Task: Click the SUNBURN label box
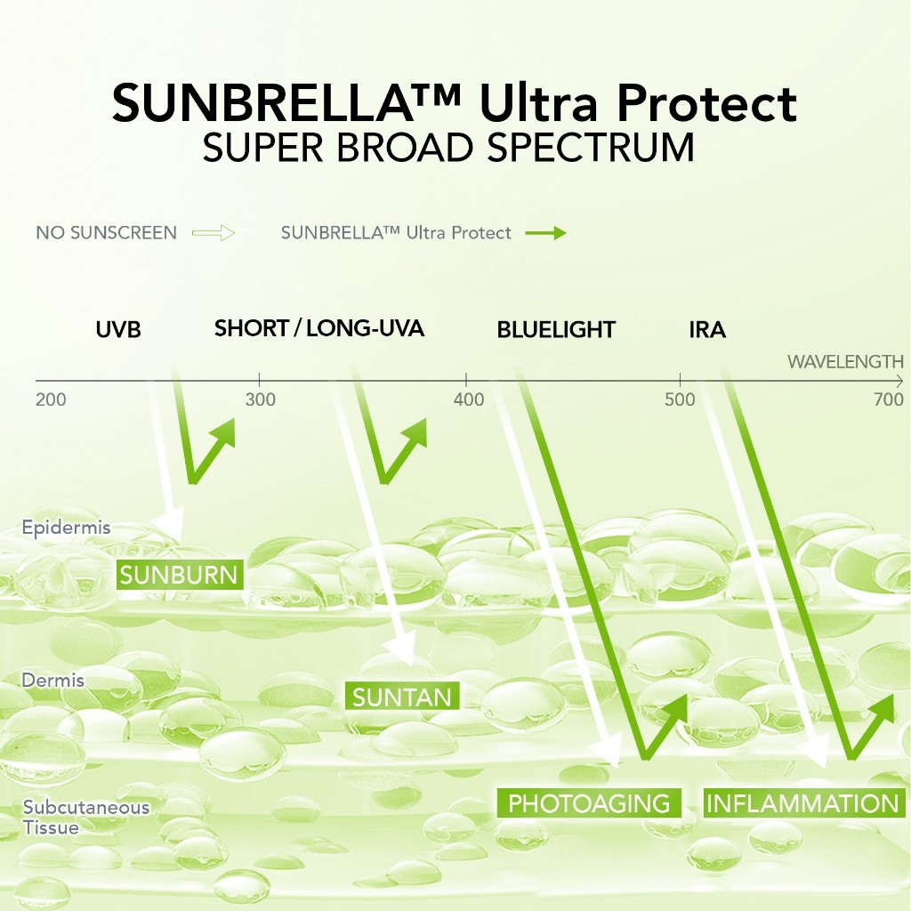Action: coord(180,575)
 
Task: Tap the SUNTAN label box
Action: coord(402,696)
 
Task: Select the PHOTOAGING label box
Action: coord(589,803)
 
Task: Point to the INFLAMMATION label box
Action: coord(804,803)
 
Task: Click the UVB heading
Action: coord(118,330)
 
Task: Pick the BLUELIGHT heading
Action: coord(556,330)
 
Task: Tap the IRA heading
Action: coord(707,330)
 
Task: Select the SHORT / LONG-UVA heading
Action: coord(319,328)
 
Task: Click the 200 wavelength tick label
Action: coord(51,399)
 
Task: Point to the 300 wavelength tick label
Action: coord(261,399)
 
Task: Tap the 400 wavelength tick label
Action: coord(469,399)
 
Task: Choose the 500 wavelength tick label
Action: coord(680,399)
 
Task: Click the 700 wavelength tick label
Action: coord(889,399)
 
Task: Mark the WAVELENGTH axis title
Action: coord(845,362)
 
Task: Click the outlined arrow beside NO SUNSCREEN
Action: coord(214,233)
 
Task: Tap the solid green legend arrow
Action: coord(545,233)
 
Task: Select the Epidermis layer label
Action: coord(66,528)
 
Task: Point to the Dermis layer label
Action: coord(52,681)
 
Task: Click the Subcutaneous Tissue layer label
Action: coord(86,818)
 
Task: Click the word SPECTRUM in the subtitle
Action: coord(591,148)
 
